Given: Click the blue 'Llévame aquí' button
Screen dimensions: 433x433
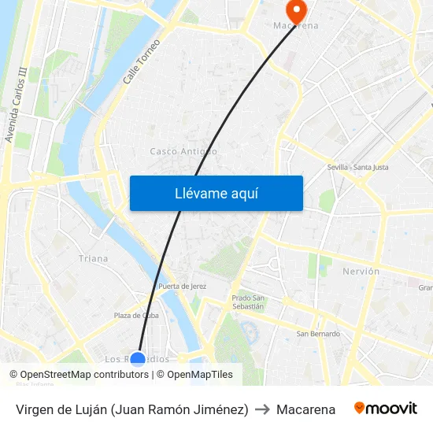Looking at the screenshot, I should point(216,193).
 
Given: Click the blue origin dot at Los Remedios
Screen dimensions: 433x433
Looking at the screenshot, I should point(138,359).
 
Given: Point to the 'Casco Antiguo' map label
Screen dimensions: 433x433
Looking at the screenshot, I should point(183,151).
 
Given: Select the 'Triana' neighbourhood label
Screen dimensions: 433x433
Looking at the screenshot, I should point(94,258).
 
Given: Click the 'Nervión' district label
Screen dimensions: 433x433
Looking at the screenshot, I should point(361,272).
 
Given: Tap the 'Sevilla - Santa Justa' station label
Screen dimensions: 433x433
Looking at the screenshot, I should point(357,167).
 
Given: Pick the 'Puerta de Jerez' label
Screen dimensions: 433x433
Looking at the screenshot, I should point(182,287).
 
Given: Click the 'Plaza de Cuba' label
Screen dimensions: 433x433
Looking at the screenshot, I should point(136,316).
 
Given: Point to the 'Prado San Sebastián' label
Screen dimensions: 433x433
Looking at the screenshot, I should point(248,302).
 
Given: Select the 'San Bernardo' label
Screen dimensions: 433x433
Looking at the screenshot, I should point(318,334).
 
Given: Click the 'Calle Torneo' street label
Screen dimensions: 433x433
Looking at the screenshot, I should point(142,61).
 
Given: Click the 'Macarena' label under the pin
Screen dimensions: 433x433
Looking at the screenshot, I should point(296,26).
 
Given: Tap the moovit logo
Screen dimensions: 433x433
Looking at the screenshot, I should point(386,409).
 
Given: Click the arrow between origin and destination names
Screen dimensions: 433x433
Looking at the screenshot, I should point(262,409).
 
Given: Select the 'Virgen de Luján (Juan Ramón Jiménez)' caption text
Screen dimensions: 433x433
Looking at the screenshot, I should point(131,409).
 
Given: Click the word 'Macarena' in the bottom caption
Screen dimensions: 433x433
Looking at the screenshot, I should point(305,409).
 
